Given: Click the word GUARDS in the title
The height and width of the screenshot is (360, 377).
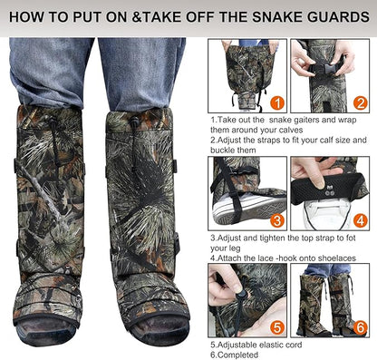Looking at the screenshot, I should coord(335,16).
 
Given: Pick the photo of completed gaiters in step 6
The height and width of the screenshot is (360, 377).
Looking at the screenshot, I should coord(332,299).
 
